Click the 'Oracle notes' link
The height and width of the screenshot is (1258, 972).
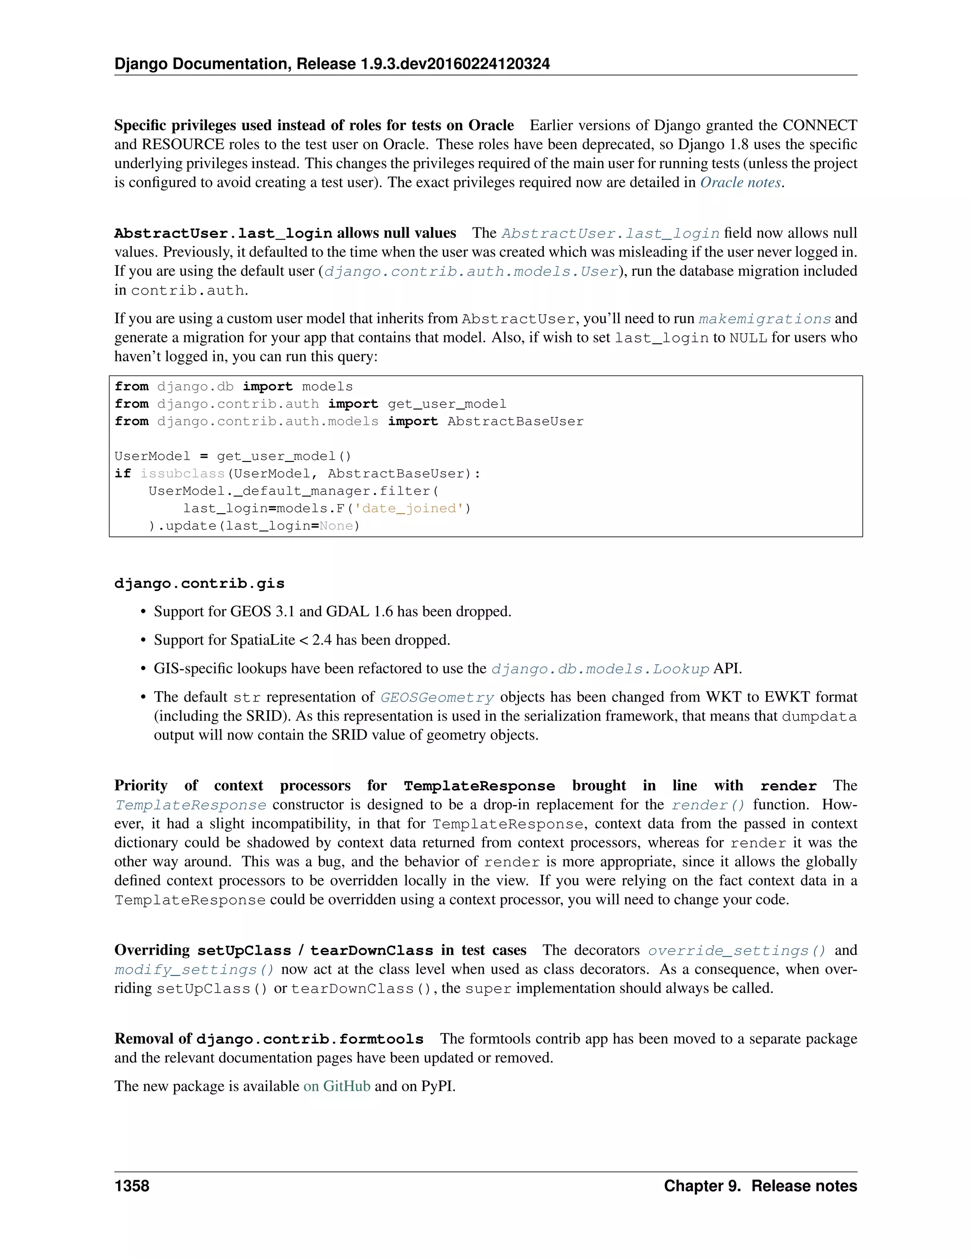[740, 183]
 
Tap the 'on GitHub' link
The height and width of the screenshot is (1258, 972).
[337, 1086]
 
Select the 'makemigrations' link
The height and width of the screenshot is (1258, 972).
[765, 319]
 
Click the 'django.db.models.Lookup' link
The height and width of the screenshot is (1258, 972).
[600, 669]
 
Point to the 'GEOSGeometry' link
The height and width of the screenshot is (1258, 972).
[437, 697]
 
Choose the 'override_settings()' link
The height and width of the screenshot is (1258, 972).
[737, 950]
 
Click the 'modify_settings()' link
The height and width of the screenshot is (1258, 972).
[194, 969]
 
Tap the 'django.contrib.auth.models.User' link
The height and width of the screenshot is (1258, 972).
[471, 271]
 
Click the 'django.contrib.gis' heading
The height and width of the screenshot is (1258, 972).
[199, 583]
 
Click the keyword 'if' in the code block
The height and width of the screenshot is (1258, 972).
[122, 473]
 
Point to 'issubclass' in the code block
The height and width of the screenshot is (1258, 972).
[182, 473]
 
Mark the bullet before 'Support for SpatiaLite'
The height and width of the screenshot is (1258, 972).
[144, 640]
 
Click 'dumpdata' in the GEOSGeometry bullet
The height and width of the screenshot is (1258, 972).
[819, 716]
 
